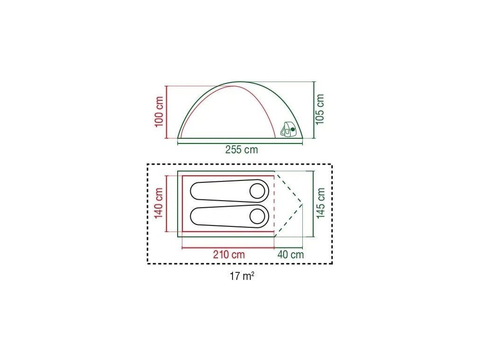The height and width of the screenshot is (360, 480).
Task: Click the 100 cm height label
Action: pyautogui.click(x=159, y=112)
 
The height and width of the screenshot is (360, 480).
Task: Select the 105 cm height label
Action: pyautogui.click(x=320, y=109)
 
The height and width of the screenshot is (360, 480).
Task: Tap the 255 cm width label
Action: pyautogui.click(x=241, y=150)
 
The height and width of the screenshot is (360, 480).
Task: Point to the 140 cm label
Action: pyautogui.click(x=158, y=203)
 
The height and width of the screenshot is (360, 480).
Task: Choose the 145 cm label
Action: pyautogui.click(x=321, y=203)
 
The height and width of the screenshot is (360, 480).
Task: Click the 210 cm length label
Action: pyautogui.click(x=229, y=255)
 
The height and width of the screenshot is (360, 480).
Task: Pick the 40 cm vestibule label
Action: pyautogui.click(x=291, y=255)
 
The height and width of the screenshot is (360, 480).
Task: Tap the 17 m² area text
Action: pyautogui.click(x=242, y=276)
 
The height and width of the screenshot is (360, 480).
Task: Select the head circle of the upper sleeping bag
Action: pyautogui.click(x=257, y=191)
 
